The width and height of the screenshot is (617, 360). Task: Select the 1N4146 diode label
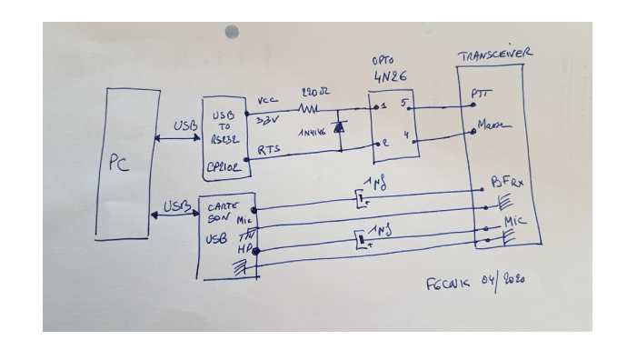[x=311, y=131]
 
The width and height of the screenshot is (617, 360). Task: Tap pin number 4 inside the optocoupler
[x=405, y=139]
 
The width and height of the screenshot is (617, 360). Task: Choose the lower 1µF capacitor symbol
[x=363, y=241]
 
